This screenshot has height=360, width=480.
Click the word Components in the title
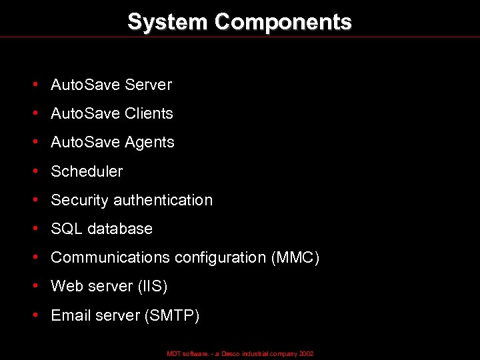[283, 22]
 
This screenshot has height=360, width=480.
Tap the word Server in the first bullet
[148, 85]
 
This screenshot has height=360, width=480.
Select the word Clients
[149, 113]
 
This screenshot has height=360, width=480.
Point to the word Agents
[150, 142]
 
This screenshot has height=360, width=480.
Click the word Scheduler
[87, 171]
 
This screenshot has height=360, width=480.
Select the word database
[120, 229]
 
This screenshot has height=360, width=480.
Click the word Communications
[111, 257]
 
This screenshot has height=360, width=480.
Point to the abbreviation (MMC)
[295, 257]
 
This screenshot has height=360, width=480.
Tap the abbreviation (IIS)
[152, 286]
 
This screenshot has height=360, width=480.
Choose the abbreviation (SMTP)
[172, 315]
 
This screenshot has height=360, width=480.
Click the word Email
[70, 315]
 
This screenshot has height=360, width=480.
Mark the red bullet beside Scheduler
[34, 171]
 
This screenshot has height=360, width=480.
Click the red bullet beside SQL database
[34, 229]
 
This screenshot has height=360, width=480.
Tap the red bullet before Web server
[34, 286]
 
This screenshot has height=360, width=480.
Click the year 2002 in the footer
[306, 353]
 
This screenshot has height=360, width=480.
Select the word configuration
[220, 257]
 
